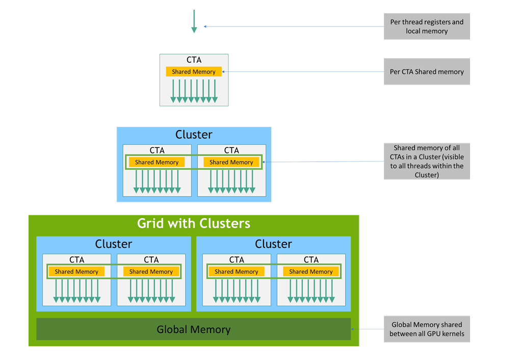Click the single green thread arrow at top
pos(194,21)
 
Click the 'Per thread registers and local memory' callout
pos(427,27)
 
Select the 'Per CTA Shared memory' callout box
pos(427,72)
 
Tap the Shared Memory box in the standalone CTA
pos(194,72)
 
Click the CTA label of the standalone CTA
pos(194,60)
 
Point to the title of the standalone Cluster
pos(194,135)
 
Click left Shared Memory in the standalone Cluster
pos(157,162)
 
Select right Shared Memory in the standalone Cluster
pos(231,162)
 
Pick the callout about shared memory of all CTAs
pos(427,161)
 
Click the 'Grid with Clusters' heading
pos(194,223)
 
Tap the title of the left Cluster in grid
pos(114,244)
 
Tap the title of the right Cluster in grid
pos(273,244)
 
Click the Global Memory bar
pos(194,329)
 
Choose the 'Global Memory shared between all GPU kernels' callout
pos(427,329)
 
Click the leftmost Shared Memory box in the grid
pos(76,272)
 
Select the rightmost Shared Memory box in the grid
pos(311,272)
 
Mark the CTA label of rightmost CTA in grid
pos(311,260)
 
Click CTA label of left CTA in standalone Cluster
pos(157,150)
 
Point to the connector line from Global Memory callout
pos(367,329)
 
